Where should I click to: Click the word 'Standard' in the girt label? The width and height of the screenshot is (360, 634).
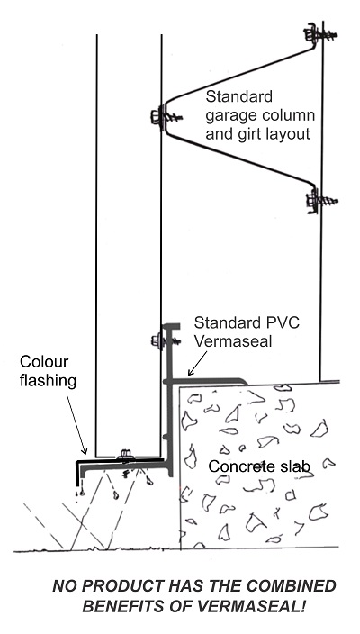(239, 97)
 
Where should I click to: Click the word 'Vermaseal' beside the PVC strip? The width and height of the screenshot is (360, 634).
(233, 340)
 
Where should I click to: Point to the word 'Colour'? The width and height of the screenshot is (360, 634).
(44, 361)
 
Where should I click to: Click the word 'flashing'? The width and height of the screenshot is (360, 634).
(48, 381)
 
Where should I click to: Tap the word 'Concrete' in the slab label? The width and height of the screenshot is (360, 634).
(241, 466)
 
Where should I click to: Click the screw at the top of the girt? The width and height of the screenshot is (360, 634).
(320, 35)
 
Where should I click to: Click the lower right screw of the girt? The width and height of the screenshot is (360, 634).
(321, 201)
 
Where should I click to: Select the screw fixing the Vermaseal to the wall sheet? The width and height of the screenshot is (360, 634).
(165, 341)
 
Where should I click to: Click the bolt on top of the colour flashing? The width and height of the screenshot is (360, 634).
(125, 455)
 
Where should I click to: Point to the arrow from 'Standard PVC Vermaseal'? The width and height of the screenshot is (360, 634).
(198, 364)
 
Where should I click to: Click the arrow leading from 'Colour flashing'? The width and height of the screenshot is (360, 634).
(76, 424)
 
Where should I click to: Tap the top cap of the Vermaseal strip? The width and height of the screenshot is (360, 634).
(170, 326)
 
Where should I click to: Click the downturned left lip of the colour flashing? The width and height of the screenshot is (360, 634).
(78, 474)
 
